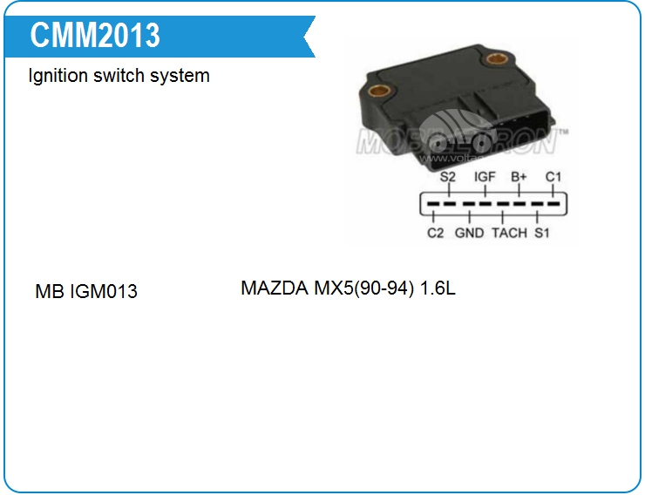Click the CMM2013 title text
tap(95, 36)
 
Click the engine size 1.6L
tap(438, 288)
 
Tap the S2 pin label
tap(448, 177)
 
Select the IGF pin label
tap(485, 177)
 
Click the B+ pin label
tap(519, 177)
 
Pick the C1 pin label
tap(553, 177)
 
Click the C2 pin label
tap(435, 234)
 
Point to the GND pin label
tap(469, 234)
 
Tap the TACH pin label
tap(509, 234)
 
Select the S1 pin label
tap(542, 234)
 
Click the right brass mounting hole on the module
tap(497, 61)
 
